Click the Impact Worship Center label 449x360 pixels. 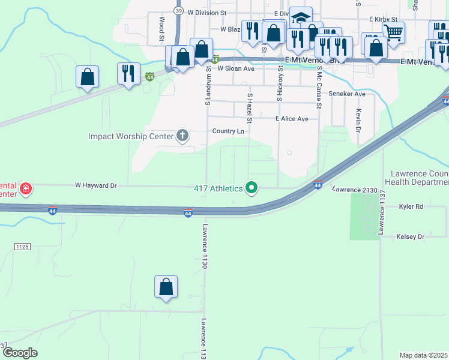tap(130, 136)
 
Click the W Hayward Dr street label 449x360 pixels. tap(95, 186)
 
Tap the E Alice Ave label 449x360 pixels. tap(292, 119)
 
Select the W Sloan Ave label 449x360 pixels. tap(236, 68)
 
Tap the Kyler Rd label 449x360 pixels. tap(411, 206)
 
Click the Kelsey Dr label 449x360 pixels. tap(411, 237)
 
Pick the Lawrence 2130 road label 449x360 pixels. tap(355, 190)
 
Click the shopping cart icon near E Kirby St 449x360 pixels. tap(394, 32)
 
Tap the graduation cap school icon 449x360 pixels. tap(301, 17)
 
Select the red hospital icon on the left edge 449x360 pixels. tap(25, 190)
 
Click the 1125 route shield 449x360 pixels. tap(23, 247)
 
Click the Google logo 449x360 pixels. tap(19, 353)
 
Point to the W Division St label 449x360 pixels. tap(208, 12)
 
